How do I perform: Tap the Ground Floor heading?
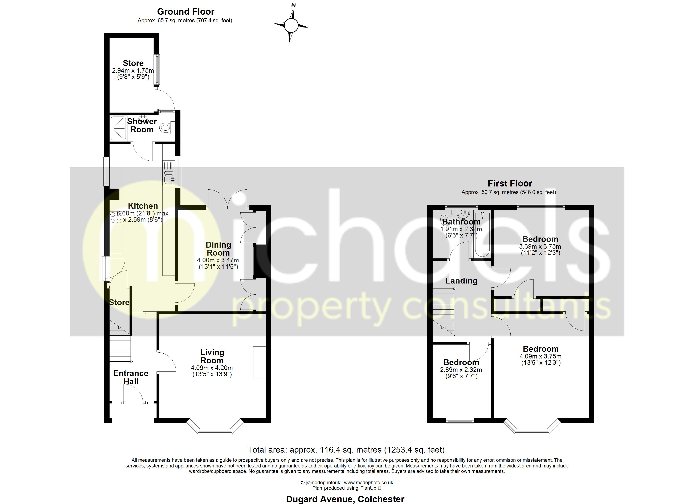pyautogui.click(x=185, y=12)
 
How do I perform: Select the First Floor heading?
pyautogui.click(x=510, y=183)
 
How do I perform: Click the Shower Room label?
pyautogui.click(x=142, y=125)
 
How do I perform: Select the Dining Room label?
pyautogui.click(x=218, y=249)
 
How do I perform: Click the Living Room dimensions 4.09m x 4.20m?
pyautogui.click(x=212, y=368)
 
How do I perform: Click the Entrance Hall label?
pyautogui.click(x=131, y=377)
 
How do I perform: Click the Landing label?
pyautogui.click(x=461, y=281)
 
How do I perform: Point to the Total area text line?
pyautogui.click(x=346, y=450)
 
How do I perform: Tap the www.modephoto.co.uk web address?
pyautogui.click(x=368, y=483)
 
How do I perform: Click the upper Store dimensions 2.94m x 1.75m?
pyautogui.click(x=133, y=71)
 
